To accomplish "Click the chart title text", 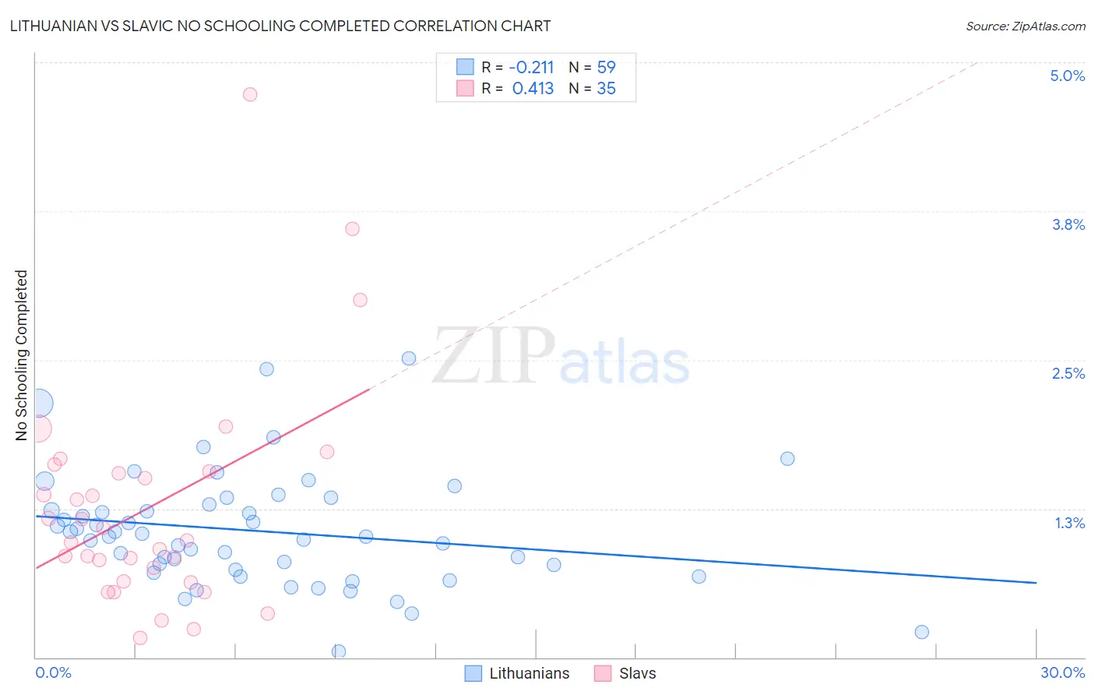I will (x=280, y=26).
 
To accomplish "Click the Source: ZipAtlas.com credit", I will (x=1025, y=26).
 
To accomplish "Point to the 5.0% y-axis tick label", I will (x=1067, y=76).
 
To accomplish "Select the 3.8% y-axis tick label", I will (x=1068, y=224).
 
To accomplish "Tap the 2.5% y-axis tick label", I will (x=1068, y=373).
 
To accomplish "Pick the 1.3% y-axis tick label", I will (x=1069, y=523).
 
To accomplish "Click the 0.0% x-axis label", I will (x=53, y=672).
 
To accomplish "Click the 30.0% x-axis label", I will (x=1062, y=672).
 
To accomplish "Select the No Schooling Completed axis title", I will (x=21, y=355).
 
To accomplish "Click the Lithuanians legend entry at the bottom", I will (x=529, y=673).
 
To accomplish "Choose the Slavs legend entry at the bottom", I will (x=637, y=673).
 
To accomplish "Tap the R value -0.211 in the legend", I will (x=531, y=68).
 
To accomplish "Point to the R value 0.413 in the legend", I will (x=533, y=89).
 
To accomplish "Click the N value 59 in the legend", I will (x=606, y=68).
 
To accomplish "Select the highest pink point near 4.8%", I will (x=250, y=94).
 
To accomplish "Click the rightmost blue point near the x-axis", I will (x=922, y=632).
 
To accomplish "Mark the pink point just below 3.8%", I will (x=352, y=229).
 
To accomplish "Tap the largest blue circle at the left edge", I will (x=39, y=404).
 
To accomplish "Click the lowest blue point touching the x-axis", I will (x=339, y=651).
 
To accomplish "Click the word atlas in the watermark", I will (x=625, y=363).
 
